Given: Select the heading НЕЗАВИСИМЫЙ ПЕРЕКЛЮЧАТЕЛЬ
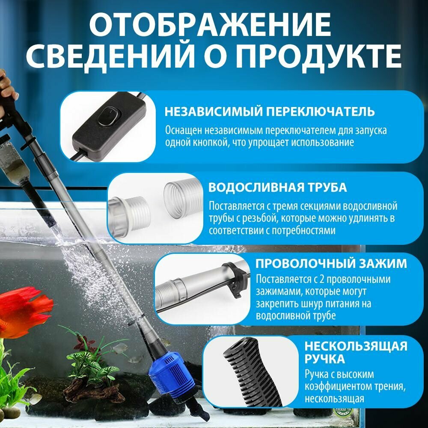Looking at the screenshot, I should point(270,112).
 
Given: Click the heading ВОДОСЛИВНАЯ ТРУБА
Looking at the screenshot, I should point(277,187).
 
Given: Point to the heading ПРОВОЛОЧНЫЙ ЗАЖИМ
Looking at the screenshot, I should point(331,262).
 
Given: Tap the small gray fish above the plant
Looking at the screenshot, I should point(121,348).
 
